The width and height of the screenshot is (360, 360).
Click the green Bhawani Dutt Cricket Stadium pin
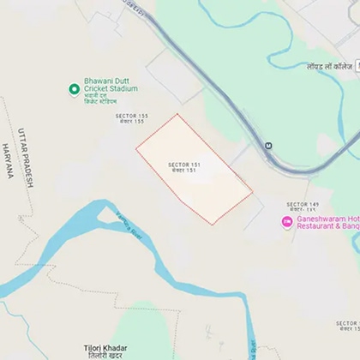(x=75, y=88)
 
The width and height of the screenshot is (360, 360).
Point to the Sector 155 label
(x=131, y=118)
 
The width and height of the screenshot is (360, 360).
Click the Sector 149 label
(x=303, y=207)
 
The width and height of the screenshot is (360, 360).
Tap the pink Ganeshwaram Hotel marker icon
(x=287, y=222)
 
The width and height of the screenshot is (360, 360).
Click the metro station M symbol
(x=269, y=145)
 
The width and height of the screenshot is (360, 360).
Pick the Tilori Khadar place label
(x=106, y=351)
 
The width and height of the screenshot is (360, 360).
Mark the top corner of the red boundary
(x=177, y=114)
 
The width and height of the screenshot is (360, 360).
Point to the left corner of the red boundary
(x=136, y=152)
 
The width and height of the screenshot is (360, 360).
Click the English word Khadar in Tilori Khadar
(x=117, y=347)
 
